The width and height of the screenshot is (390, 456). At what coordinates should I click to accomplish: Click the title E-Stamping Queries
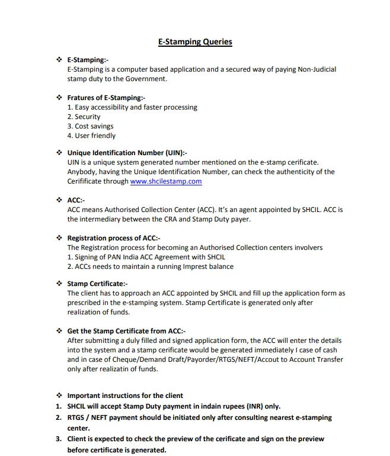click(x=195, y=42)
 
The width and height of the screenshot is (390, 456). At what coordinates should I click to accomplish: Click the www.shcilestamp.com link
click(x=166, y=181)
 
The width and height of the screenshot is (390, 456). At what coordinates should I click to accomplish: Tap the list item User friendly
click(x=91, y=136)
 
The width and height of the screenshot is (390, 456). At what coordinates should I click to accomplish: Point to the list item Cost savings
click(x=90, y=126)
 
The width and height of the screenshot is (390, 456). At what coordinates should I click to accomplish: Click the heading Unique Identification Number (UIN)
click(x=127, y=153)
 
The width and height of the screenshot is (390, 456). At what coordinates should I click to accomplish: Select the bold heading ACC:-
click(x=76, y=200)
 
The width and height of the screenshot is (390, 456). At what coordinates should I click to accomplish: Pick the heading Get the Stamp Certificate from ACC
click(x=126, y=331)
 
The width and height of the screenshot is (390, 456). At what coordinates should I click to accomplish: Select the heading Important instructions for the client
click(x=125, y=395)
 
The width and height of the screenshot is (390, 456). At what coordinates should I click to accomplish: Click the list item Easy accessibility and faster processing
click(x=132, y=107)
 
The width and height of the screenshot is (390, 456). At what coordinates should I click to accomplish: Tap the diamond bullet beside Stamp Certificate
click(x=59, y=284)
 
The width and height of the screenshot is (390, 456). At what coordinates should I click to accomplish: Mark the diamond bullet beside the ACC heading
click(x=59, y=200)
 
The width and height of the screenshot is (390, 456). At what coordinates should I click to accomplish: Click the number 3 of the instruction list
click(x=59, y=439)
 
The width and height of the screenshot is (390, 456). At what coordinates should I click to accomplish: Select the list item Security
click(x=84, y=117)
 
